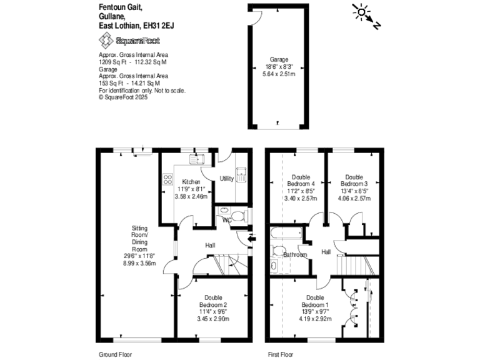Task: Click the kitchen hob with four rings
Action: [x=167, y=179]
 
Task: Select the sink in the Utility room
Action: [x=241, y=173]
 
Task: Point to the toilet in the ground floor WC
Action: [x=240, y=216]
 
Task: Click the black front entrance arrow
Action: [x=252, y=238]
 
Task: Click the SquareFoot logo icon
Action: [x=107, y=41]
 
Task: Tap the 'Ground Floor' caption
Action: [x=114, y=354]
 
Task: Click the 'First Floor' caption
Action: [x=281, y=354]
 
